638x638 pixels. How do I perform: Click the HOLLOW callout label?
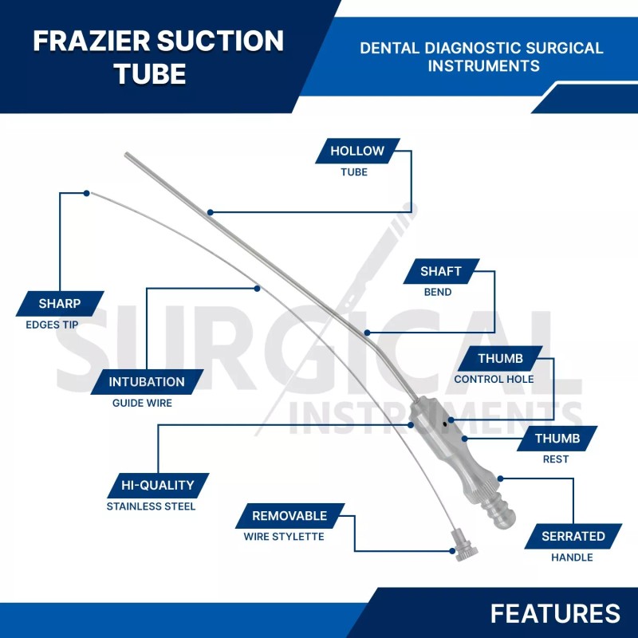tap(356, 151)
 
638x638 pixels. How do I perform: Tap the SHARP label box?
tap(60, 303)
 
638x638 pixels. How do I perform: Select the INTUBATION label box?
tap(147, 381)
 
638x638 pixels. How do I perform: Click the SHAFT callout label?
tap(441, 271)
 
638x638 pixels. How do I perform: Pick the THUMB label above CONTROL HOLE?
tap(500, 359)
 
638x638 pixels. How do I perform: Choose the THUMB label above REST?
tap(557, 439)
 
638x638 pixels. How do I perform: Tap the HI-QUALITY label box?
tap(158, 485)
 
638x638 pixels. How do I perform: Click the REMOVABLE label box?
tap(289, 516)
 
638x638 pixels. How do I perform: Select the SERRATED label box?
tap(573, 536)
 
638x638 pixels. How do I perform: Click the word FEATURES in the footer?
tap(555, 612)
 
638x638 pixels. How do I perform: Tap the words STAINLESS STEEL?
tap(151, 506)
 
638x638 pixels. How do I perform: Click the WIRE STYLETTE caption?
tap(284, 537)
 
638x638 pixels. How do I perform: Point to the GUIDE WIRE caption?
tap(142, 403)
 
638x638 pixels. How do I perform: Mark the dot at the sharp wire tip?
tap(86, 193)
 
